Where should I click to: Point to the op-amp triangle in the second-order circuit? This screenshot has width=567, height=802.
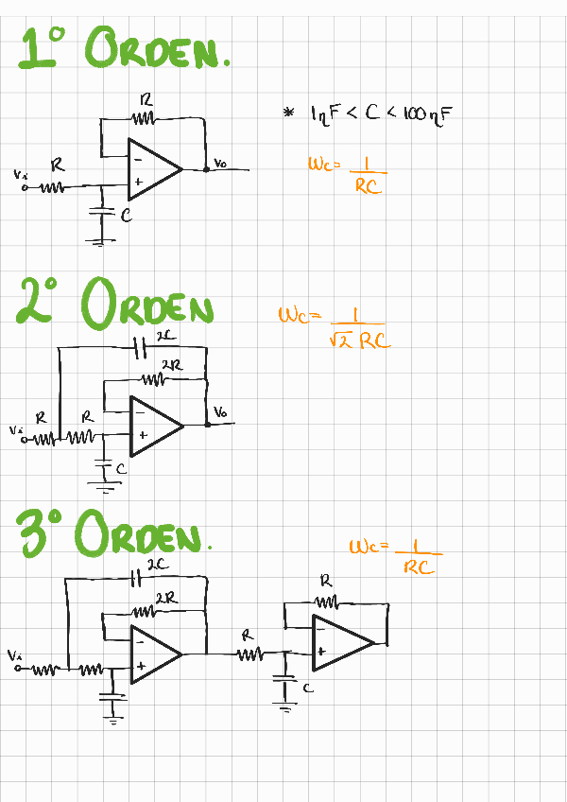pos(154,423)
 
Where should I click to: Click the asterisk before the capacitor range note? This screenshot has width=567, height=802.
pos(289,113)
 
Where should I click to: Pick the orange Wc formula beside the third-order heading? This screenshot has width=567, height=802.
pos(395,555)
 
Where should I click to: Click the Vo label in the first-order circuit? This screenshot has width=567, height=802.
pos(220,164)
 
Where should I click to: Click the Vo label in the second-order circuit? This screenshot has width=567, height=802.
pos(220,412)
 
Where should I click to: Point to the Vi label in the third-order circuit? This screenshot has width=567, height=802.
pos(13,654)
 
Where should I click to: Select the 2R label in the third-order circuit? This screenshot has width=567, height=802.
pos(165,598)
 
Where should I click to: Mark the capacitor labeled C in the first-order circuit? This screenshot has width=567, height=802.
pos(101,213)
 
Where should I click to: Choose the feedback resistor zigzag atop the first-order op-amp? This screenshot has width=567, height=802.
pos(144,119)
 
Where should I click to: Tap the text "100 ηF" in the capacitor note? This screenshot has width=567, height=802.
pos(429,114)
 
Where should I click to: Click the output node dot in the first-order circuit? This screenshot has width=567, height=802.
pos(206,170)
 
